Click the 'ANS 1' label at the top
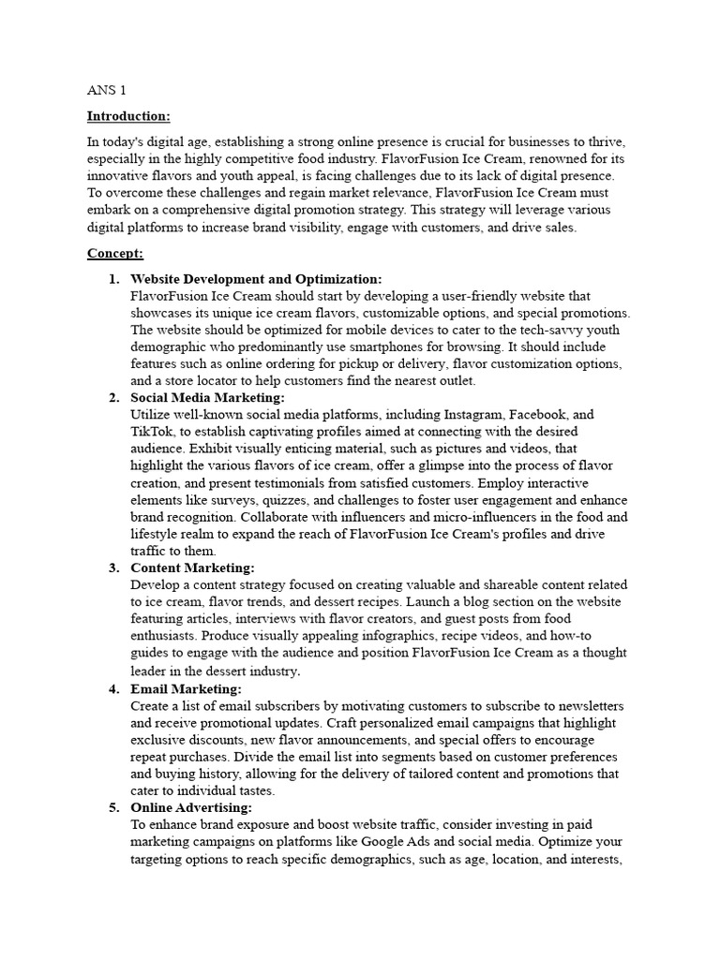point(106,91)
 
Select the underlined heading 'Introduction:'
point(128,116)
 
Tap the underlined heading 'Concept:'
point(114,254)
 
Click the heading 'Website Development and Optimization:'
point(256,279)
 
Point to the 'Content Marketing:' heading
point(192,568)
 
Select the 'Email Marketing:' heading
point(186,688)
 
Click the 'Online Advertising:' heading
point(191,807)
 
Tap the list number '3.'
point(113,568)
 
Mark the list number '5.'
point(113,807)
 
